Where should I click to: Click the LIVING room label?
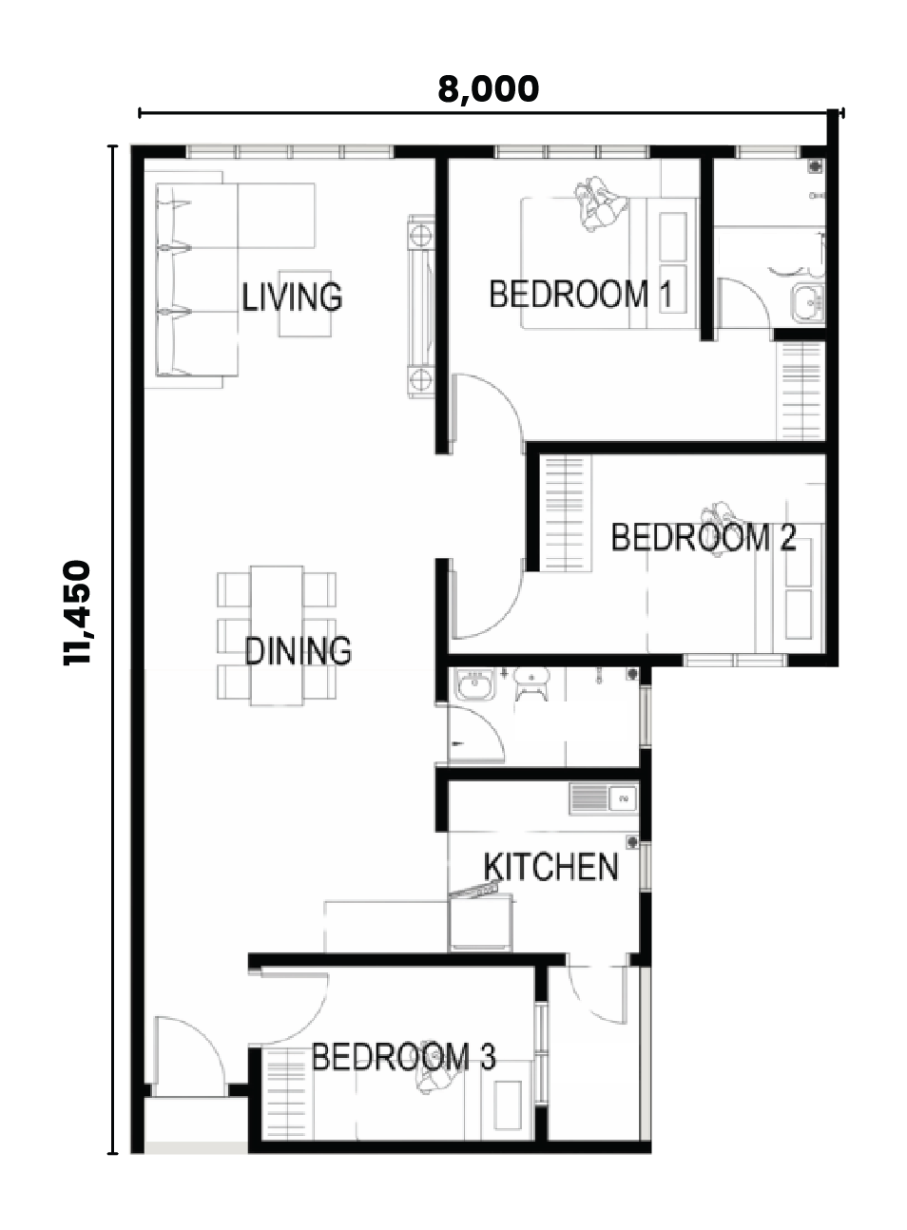292,297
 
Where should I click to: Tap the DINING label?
298,651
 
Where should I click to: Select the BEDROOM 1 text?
580,294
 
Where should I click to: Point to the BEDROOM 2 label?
704,537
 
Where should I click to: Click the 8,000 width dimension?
489,89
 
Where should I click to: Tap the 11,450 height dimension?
76,613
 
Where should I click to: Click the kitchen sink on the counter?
604,798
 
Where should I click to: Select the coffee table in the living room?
305,303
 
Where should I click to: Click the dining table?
277,635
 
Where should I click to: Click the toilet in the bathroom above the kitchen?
531,684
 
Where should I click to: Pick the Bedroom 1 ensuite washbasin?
807,302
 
